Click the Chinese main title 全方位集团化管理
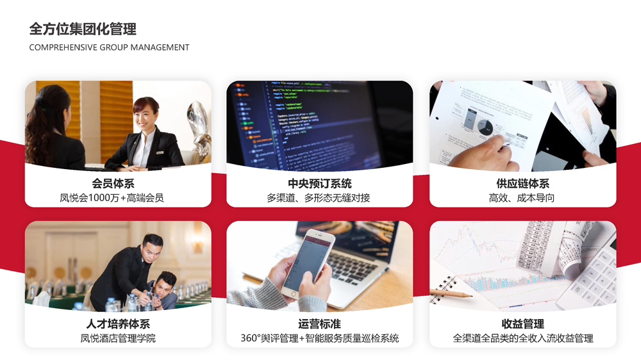(83, 29)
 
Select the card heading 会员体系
(113, 183)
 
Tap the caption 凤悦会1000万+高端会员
(112, 198)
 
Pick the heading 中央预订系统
(320, 183)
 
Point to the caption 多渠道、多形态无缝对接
(319, 198)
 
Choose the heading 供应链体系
(523, 183)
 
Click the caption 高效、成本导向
(522, 198)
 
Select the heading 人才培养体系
(118, 324)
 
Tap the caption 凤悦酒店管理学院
(118, 338)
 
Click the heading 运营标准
(319, 324)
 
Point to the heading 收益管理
(523, 324)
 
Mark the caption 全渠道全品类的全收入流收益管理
(523, 338)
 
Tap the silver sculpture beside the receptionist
(199, 131)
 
